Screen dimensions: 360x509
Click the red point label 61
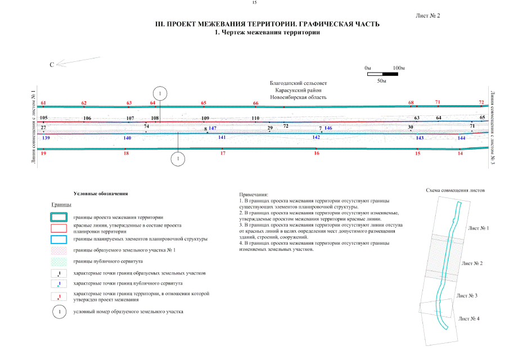(43, 103)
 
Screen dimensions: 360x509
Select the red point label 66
(256, 103)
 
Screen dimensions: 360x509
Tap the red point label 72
(481, 102)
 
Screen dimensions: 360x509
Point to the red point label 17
(223, 153)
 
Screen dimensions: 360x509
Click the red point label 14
(460, 153)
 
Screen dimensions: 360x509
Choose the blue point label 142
(316, 137)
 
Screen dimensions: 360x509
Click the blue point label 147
(213, 128)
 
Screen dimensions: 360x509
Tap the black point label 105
(44, 118)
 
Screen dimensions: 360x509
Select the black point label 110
(255, 118)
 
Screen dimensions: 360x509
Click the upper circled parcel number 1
(160, 93)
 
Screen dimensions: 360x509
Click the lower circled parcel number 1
(178, 159)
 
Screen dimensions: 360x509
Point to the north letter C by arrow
(52, 65)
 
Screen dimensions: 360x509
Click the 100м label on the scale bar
(399, 67)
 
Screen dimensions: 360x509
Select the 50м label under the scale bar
(381, 81)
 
